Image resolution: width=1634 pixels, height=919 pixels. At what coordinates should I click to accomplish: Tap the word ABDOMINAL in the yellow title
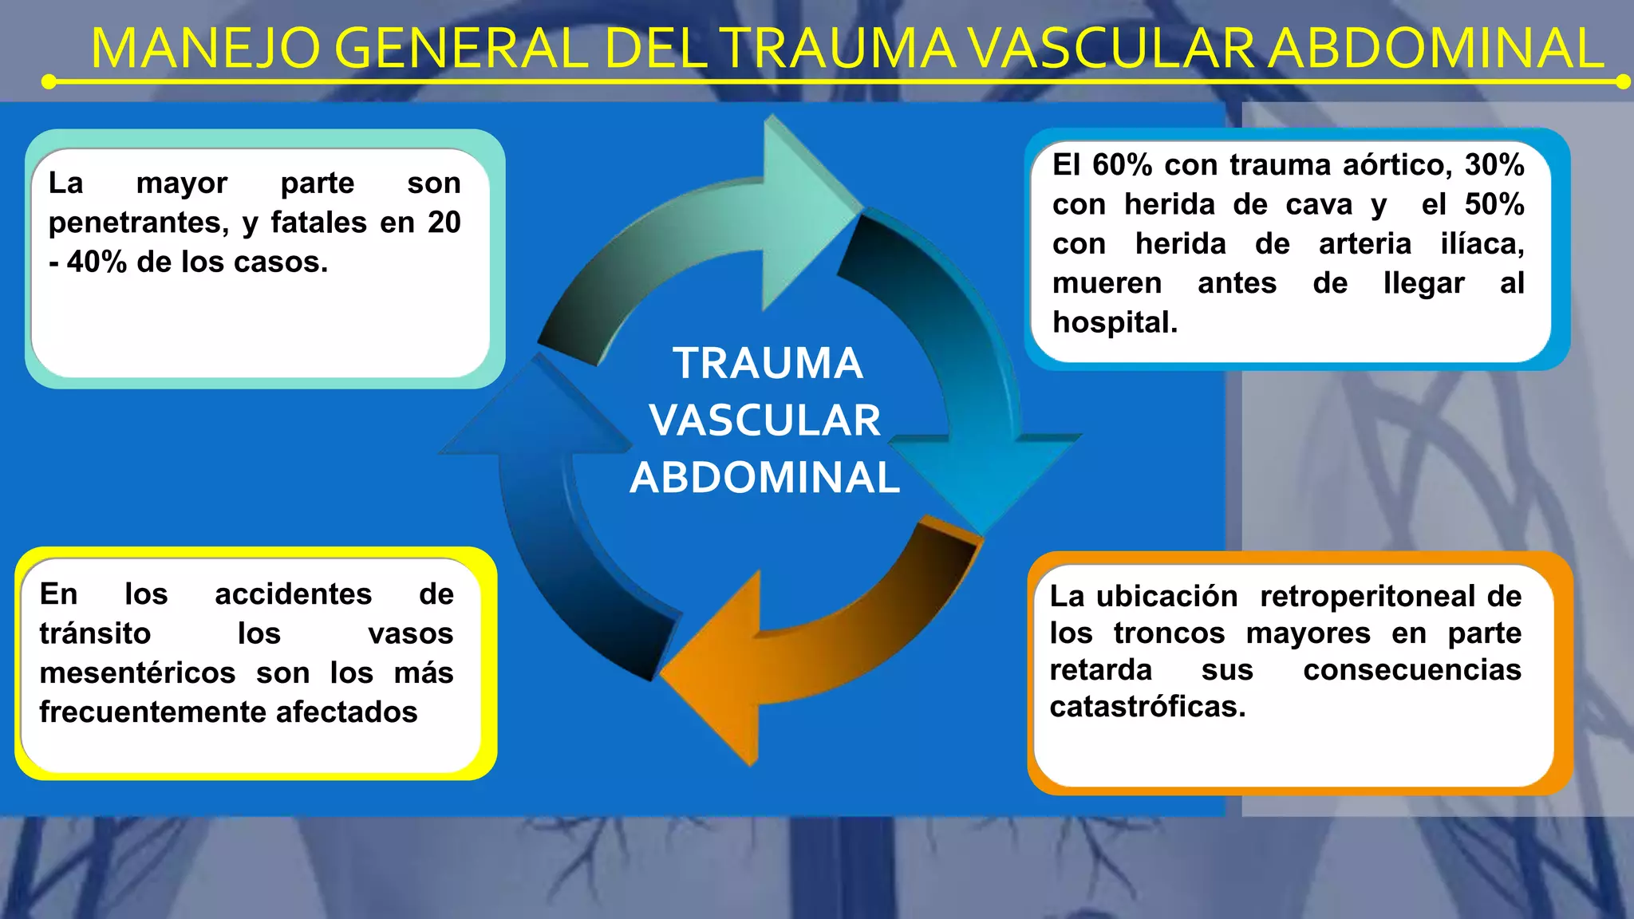point(1435,49)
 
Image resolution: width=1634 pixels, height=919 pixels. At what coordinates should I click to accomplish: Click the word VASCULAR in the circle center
point(764,420)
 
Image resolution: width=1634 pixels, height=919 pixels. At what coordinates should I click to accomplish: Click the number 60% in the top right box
point(1122,165)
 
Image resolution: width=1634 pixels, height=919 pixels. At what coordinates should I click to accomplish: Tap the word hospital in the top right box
point(1114,322)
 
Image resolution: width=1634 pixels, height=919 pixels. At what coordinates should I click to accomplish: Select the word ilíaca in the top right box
point(1482,243)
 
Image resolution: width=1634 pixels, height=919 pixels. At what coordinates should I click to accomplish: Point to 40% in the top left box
point(97,262)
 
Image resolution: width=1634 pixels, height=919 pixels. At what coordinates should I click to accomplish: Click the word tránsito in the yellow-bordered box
point(95,633)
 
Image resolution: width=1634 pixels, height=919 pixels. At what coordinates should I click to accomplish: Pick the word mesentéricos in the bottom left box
point(137,672)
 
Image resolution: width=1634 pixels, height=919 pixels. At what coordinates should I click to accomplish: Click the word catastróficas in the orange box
point(1147,706)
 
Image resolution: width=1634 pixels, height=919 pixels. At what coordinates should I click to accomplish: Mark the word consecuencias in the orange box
point(1411,669)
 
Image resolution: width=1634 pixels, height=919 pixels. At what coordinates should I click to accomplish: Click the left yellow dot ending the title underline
point(49,81)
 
